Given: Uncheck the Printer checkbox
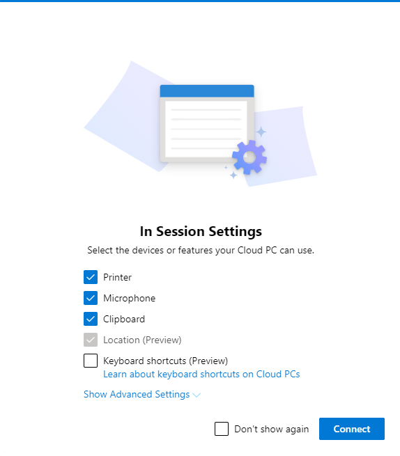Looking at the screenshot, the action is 91,277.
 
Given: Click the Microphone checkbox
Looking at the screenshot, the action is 91,298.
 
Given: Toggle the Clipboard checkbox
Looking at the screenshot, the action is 91,319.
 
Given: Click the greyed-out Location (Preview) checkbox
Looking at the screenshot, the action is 91,340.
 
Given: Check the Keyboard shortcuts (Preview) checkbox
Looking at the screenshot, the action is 91,361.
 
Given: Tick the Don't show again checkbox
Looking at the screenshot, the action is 222,429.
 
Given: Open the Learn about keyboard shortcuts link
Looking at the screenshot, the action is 201,374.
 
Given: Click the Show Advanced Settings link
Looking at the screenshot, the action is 137,394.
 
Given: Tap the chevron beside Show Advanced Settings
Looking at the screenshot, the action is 197,395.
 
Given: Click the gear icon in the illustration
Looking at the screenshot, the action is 249,157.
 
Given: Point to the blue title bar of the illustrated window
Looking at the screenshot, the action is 207,91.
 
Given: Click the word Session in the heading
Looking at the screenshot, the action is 180,232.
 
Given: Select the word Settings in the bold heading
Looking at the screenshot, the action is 236,232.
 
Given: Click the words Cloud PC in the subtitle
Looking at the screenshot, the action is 257,250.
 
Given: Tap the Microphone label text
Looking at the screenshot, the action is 129,299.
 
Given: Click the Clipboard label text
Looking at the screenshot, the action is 124,320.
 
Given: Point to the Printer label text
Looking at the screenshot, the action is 117,277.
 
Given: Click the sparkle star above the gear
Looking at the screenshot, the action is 261,132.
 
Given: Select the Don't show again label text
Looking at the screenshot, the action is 271,429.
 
